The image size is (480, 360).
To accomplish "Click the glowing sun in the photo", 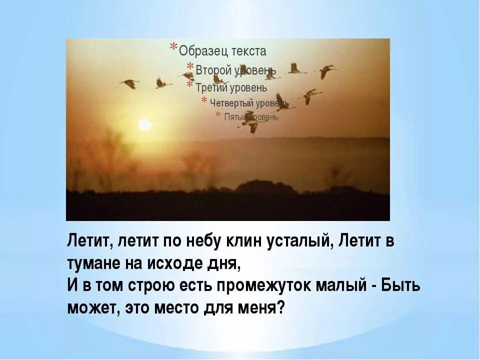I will (x=145, y=124).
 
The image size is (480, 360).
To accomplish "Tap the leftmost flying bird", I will (x=129, y=83).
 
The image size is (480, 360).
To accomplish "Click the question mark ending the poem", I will (x=281, y=306).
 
